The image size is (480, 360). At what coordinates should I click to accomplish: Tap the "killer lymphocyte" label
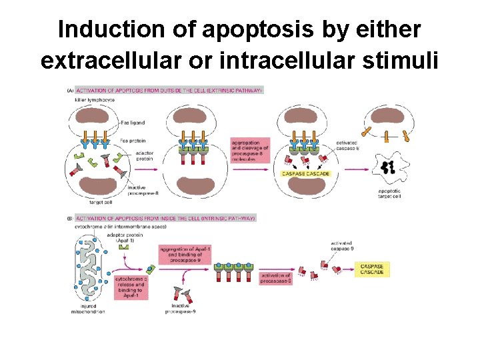[95, 99]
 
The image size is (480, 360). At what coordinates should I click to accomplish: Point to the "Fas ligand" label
[133, 123]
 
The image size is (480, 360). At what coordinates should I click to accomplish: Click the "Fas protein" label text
[133, 141]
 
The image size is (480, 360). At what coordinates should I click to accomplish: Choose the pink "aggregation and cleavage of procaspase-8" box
[250, 151]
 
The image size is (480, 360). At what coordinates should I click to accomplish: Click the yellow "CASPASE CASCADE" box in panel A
[306, 173]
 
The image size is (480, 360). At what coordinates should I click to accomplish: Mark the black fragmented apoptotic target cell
[386, 167]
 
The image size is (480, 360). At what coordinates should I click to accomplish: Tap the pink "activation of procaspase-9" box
[275, 278]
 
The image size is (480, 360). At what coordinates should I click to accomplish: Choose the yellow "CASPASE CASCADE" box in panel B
[373, 269]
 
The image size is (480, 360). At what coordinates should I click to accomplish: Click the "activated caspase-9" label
[341, 246]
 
